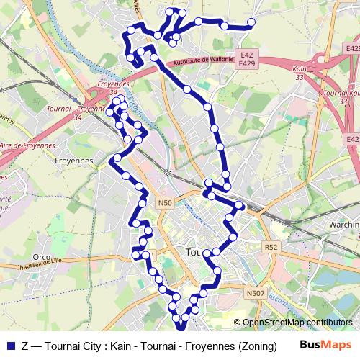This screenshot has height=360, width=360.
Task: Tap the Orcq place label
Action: [x=42, y=256]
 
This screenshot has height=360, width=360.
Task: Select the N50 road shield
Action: [x=166, y=204]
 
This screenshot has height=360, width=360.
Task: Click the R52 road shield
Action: [x=271, y=247]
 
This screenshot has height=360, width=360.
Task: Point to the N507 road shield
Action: [x=255, y=293]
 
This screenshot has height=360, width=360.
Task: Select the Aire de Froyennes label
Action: [x=29, y=145]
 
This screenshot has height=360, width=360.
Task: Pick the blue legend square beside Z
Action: [x=10, y=346]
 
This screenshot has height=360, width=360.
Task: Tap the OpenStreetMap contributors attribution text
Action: [x=297, y=323]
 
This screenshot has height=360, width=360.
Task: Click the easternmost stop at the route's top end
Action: [x=251, y=23]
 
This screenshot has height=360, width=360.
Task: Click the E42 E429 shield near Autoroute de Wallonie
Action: [x=248, y=59]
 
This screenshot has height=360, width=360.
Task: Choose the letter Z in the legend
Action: [x=26, y=346]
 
